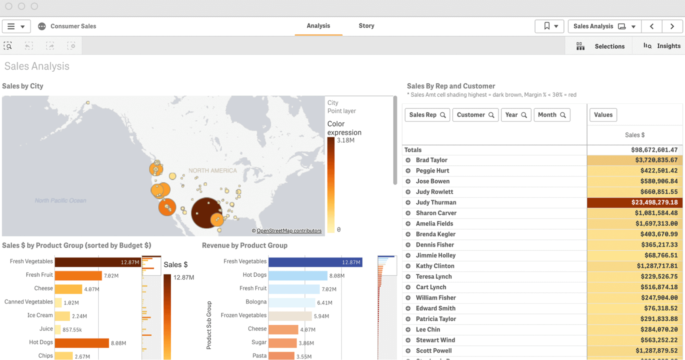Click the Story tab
tap(366, 26)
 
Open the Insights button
tap(662, 46)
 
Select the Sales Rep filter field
tap(427, 115)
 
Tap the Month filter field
tap(551, 115)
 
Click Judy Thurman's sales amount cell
tap(635, 202)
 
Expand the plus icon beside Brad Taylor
tap(408, 160)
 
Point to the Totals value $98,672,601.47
tap(654, 150)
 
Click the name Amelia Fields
tap(434, 224)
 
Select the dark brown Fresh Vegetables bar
tap(98, 262)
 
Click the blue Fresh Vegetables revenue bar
tap(315, 262)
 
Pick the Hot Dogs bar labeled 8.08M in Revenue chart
tap(297, 275)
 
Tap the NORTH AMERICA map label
tap(212, 170)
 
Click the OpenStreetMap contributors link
tap(289, 231)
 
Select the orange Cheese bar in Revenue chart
tap(283, 329)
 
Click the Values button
tap(603, 115)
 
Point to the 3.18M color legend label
tap(345, 140)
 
